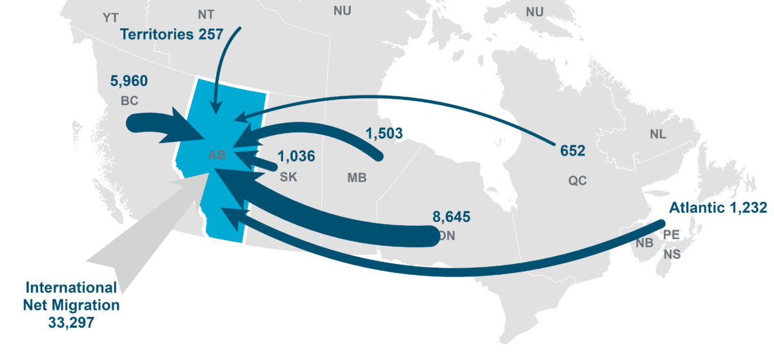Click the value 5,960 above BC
pyautogui.click(x=129, y=81)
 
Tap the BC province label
pyautogui.click(x=129, y=101)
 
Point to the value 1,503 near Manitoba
pyautogui.click(x=384, y=134)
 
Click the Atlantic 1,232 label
pyautogui.click(x=717, y=208)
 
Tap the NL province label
pyautogui.click(x=659, y=135)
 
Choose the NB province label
pyautogui.click(x=644, y=243)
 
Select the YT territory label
pyautogui.click(x=111, y=17)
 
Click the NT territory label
pyautogui.click(x=207, y=14)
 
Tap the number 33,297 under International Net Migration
pyautogui.click(x=71, y=321)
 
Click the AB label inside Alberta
pyautogui.click(x=217, y=155)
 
